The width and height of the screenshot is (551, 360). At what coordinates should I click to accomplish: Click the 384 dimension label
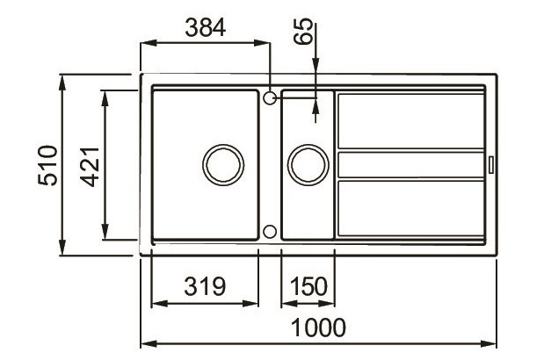pos(206,28)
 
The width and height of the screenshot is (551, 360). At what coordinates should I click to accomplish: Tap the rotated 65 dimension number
pos(303,31)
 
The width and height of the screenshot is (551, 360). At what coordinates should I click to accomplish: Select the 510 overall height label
pos(47,165)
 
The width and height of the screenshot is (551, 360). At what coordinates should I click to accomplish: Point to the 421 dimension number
pos(90,167)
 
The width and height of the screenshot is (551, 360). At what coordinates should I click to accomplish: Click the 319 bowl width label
pos(205,286)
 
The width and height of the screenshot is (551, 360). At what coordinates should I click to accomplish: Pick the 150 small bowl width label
pos(308,286)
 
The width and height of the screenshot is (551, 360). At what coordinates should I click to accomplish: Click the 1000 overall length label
pos(318,328)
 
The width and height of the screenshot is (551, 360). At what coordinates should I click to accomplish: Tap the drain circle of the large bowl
pos(223,145)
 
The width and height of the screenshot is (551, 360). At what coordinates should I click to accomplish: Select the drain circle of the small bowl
pos(308,145)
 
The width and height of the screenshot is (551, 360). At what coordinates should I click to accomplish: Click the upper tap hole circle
pos(270,92)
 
